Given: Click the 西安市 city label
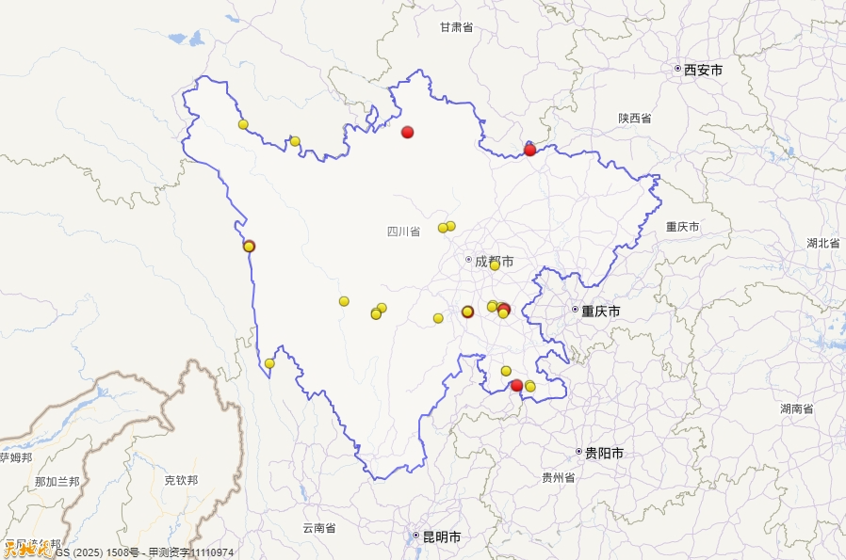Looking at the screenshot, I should click(x=703, y=70).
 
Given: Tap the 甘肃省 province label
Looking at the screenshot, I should click(x=456, y=28).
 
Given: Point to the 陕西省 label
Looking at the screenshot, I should click(x=635, y=119).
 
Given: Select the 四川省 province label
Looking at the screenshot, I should click(x=403, y=232).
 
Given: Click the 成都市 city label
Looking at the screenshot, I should click(x=494, y=261).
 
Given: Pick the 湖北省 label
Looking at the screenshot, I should click(x=822, y=243).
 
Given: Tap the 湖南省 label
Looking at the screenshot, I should click(x=796, y=408).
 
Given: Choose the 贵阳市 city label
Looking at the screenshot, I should click(x=604, y=454).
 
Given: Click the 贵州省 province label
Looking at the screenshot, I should click(x=558, y=478).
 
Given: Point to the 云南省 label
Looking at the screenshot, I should click(x=318, y=528).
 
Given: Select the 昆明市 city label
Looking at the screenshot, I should click(x=441, y=537).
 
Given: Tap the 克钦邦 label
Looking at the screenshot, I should click(x=181, y=480).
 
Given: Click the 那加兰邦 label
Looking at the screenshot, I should click(x=57, y=482).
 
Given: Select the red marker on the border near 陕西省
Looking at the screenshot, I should click(x=530, y=150).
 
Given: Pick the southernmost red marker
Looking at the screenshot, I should click(x=516, y=386).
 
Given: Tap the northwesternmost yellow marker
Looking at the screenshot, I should click(x=243, y=124).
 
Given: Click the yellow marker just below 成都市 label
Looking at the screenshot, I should click(x=495, y=265).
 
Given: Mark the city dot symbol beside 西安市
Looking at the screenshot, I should click(x=677, y=69).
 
